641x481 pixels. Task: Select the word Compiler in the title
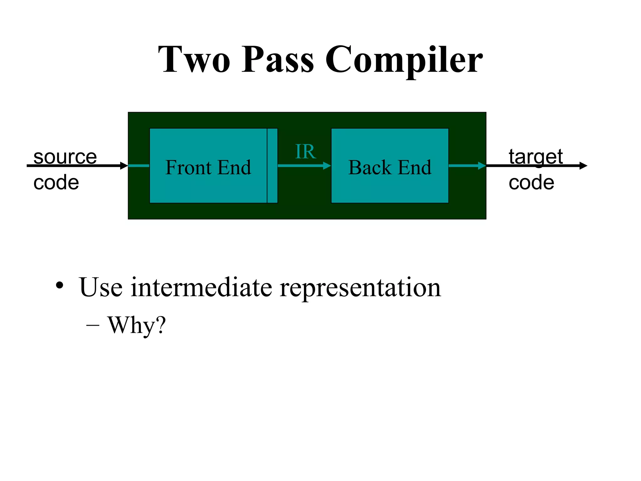[x=404, y=59]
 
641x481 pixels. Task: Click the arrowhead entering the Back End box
[x=327, y=166]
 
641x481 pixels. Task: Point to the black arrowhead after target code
[x=583, y=166]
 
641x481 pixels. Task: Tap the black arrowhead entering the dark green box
[x=124, y=166]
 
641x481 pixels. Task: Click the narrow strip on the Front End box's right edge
[x=272, y=166]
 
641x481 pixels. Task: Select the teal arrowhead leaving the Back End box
[x=482, y=166]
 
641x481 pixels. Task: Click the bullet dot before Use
[x=59, y=285]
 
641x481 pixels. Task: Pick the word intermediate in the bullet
[x=201, y=287]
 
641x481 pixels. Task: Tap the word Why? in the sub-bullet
[x=136, y=325]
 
